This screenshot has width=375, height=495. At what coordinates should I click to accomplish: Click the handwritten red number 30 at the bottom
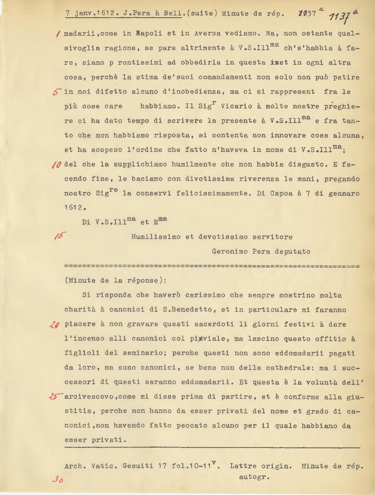tap(57, 480)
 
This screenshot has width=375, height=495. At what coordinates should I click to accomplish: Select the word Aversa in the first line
tap(207, 33)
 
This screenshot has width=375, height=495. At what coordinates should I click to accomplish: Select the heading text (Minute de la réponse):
tap(115, 280)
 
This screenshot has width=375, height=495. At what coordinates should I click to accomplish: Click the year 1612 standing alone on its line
tap(75, 208)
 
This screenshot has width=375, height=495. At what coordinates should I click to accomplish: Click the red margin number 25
tap(56, 397)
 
